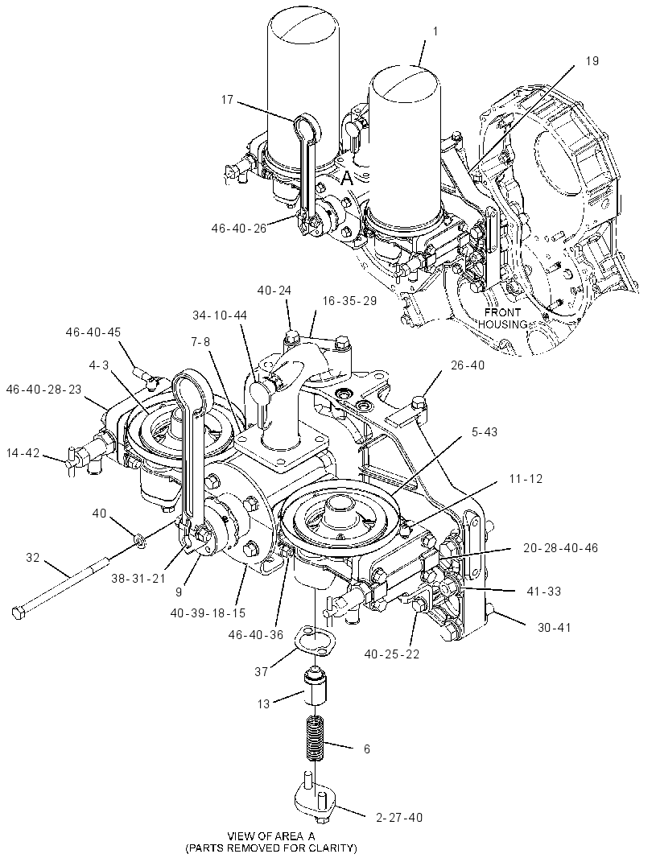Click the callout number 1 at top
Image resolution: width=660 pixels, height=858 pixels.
tap(435, 31)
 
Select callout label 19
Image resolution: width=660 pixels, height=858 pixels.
tap(592, 60)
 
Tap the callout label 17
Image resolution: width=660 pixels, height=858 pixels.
tap(227, 100)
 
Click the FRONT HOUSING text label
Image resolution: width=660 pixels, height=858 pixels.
tap(502, 319)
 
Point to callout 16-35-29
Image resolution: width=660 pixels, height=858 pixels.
tap(349, 301)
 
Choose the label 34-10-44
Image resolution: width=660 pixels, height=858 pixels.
tap(220, 316)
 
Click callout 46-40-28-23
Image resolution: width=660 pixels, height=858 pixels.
tap(43, 389)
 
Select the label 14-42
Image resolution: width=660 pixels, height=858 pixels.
tap(23, 452)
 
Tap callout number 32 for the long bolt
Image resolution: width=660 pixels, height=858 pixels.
tap(33, 558)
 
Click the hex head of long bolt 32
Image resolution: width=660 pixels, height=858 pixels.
tap(18, 613)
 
